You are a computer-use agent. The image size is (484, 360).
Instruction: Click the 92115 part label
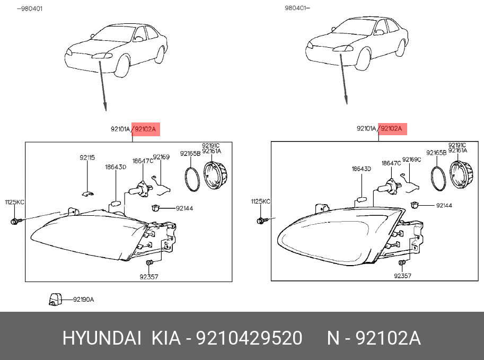tap(87, 158)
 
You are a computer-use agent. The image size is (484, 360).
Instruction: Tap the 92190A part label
tap(83, 300)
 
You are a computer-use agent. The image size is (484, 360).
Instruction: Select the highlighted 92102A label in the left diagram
tap(146, 129)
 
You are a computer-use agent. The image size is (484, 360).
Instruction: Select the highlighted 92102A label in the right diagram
tap(393, 129)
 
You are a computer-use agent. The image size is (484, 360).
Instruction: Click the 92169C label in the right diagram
tap(411, 160)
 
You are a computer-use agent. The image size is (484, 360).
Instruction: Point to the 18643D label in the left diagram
tap(116, 168)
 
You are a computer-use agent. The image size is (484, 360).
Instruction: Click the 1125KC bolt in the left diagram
tap(15, 222)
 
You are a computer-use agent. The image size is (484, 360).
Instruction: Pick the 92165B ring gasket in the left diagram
tap(192, 179)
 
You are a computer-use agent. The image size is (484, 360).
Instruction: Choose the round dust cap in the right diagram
tap(461, 175)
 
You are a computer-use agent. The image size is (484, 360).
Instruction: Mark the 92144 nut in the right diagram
tap(415, 205)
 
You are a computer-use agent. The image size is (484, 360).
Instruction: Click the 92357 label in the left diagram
tap(149, 277)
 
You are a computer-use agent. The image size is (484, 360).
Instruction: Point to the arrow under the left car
tap(102, 86)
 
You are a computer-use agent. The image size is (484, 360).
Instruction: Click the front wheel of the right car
tap(363, 59)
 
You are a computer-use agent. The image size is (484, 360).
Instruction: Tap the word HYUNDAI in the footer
tap(102, 338)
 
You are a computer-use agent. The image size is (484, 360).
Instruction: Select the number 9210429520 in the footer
tap(249, 338)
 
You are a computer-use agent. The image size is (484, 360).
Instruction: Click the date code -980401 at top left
tap(30, 8)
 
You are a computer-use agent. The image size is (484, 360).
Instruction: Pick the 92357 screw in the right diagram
tap(402, 263)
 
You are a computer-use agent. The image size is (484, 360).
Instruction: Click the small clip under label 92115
tap(88, 194)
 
